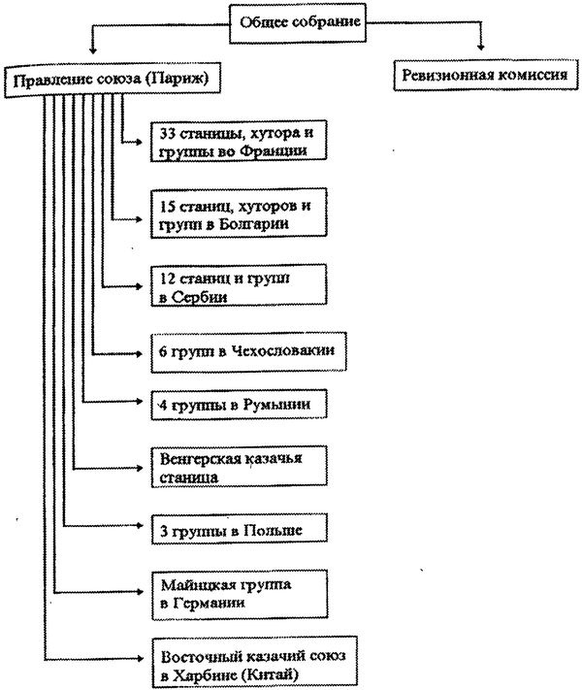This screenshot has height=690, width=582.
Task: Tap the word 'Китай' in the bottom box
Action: (276, 673)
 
